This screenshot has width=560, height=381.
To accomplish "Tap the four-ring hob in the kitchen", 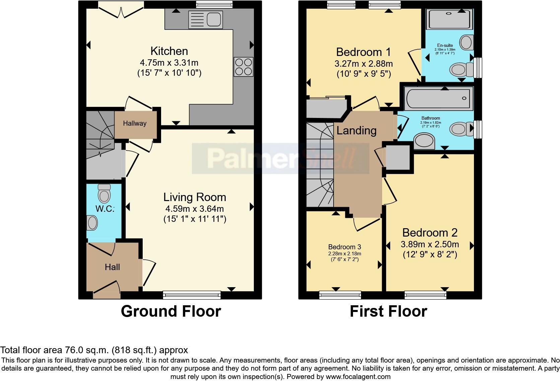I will (243, 67).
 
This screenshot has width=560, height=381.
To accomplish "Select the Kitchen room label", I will (169, 51).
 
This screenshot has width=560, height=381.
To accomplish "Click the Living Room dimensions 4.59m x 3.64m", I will (195, 209).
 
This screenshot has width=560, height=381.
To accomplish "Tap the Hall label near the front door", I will (112, 267).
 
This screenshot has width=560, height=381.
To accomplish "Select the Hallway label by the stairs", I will (135, 123).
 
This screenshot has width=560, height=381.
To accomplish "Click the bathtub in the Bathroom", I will (438, 98).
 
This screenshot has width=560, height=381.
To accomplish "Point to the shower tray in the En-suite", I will (449, 19).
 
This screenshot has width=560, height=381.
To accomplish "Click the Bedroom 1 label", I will (363, 52).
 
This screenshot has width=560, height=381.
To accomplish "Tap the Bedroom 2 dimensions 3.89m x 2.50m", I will (430, 244).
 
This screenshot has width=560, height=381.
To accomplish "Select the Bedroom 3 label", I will (345, 247).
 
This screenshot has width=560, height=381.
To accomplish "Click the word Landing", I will (356, 130).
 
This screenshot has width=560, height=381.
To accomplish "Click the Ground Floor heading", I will (171, 311).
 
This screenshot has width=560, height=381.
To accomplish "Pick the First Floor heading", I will (388, 311).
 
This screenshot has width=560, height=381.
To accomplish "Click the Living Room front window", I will (192, 295).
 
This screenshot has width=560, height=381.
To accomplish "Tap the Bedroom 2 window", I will (425, 295).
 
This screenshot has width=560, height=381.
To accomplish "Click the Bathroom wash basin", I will (424, 141).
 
